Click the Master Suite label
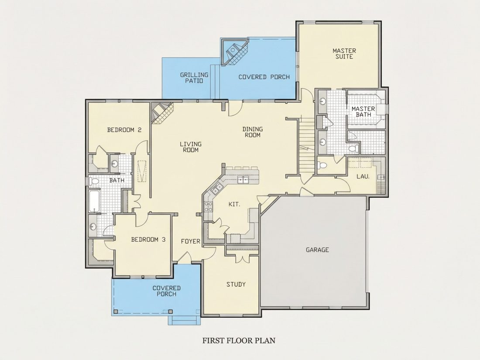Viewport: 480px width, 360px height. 344,54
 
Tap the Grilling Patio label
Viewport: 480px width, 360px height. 194,78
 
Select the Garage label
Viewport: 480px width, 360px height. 317,250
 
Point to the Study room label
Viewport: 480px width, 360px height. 236,285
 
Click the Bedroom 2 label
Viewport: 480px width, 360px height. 124,130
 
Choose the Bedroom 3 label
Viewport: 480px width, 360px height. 148,240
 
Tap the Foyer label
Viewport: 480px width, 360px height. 190,242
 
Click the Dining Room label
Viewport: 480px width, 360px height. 253,132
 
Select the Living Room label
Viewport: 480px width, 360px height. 191,147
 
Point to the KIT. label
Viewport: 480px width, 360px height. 234,204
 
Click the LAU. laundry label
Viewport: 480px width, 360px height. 363,177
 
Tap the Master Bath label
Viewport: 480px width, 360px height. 363,111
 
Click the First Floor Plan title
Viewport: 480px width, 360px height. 239,340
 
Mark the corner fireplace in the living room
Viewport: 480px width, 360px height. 161,113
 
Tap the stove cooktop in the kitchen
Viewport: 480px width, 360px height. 209,207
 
